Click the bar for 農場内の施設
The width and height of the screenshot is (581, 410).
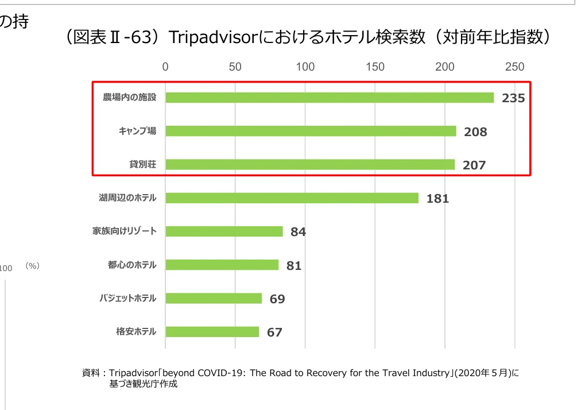pos(330,98)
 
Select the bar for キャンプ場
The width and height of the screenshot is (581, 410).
pos(311,131)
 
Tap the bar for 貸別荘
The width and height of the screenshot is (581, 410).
pos(310,165)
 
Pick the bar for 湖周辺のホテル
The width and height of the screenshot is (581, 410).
pos(292,198)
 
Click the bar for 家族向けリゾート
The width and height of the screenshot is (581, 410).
pos(224,231)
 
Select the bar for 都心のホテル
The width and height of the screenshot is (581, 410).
pos(222,265)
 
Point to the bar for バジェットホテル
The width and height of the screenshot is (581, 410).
pos(214,299)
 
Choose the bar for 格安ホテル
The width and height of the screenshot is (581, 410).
pos(212,332)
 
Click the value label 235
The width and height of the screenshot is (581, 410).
pos(513,98)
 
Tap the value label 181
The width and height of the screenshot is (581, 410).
pos(437,199)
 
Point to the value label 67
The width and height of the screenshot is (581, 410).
pos(274,332)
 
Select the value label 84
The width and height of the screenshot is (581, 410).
pos(298,232)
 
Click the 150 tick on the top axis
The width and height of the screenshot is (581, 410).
pos(375,67)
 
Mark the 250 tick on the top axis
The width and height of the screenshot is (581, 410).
pos(514,67)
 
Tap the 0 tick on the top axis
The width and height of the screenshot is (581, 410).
pos(165,67)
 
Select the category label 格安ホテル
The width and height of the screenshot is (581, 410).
pos(135,332)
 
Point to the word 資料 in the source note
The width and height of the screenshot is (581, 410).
pos(91,373)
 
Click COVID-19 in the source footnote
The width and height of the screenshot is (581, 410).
pos(222,373)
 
